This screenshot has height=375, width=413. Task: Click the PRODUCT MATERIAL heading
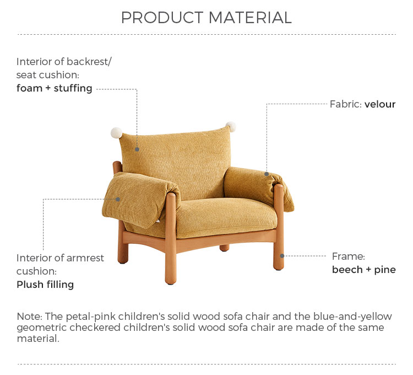pos(206,18)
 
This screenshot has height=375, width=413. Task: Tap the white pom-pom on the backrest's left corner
pos(116,133)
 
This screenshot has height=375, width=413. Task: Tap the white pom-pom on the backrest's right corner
pos(231,127)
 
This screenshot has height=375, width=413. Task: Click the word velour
pos(380,104)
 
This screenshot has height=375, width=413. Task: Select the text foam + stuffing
pos(55,88)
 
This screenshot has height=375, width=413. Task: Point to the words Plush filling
pos(45,285)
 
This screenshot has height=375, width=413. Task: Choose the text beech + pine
pos(364,270)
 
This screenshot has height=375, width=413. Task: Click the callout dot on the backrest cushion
pos(137,149)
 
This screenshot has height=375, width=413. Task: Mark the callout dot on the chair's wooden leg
pos(282,256)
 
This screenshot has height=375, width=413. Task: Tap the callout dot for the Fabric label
pos(267,174)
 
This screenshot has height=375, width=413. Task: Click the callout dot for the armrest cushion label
pos(118,200)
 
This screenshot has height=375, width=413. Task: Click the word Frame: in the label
pos(348,256)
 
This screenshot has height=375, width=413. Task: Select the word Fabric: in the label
pos(346,104)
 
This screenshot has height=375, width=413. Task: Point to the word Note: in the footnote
pos(30,316)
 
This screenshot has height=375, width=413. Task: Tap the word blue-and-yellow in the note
pos(352,317)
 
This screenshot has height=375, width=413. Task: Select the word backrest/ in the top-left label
pos(89,62)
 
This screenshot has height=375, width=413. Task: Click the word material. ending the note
pos(38,339)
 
